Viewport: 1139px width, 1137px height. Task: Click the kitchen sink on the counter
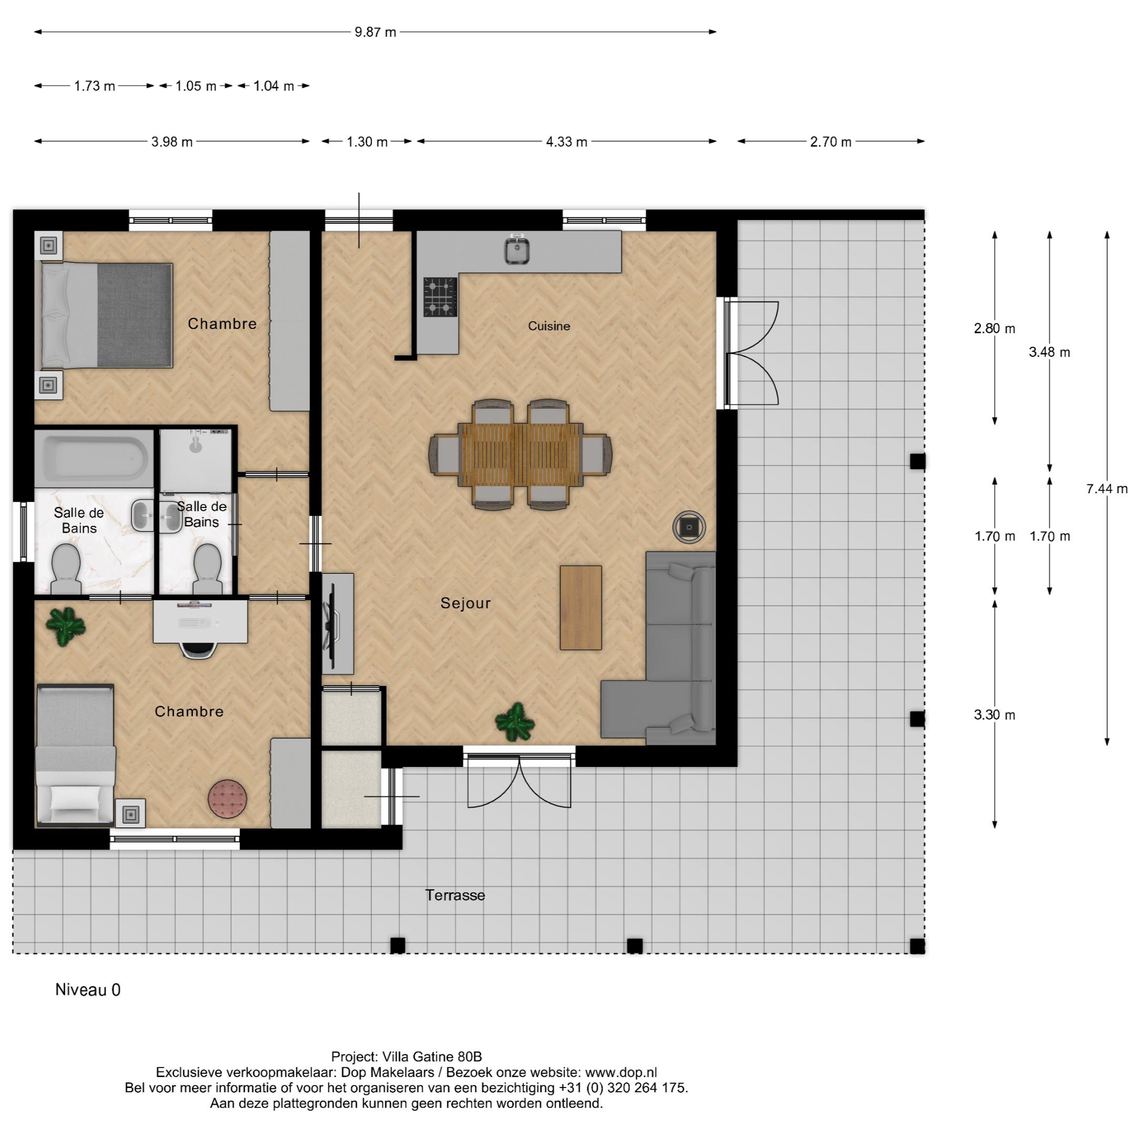517,251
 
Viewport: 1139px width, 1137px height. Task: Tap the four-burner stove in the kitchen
440,297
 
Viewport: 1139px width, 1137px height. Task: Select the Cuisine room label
548,326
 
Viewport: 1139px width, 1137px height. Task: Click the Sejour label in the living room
465,603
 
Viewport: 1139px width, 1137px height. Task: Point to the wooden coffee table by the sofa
580,607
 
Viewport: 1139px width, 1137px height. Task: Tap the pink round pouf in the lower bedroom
228,799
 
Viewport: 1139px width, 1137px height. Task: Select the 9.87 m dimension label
375,32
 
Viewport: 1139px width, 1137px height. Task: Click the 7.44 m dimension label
1106,488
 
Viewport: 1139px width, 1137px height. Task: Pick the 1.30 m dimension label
367,142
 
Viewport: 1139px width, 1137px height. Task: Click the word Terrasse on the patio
455,895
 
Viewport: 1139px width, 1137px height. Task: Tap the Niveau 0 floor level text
88,990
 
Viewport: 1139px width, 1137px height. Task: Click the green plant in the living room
515,722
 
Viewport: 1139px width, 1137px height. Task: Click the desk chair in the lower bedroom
198,649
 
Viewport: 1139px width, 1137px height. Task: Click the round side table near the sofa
689,526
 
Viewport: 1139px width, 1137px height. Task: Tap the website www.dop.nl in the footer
621,1073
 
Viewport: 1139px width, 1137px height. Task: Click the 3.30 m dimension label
994,715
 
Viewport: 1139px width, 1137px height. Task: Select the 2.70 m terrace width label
830,142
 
